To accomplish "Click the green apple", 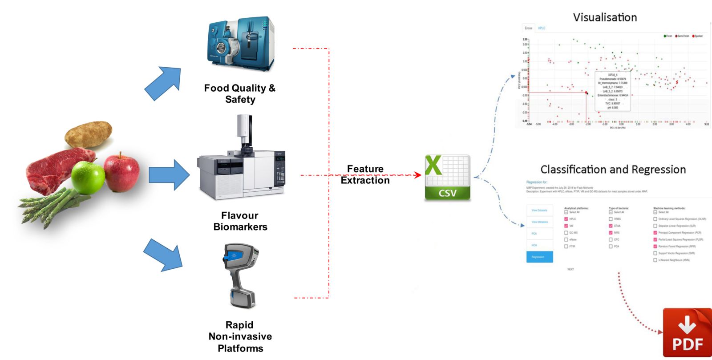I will coord(88,177).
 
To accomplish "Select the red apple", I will coord(121,171).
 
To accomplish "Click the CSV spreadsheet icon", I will coord(447,177).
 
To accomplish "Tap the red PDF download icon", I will coord(687,333).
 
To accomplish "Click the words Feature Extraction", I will coord(365,174).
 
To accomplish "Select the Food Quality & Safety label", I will coord(240,93).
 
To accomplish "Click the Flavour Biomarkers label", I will coord(240,221).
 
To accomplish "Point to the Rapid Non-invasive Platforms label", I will coord(240,336).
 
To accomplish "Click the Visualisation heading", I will coord(605,17).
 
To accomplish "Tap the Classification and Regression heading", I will coord(613,170).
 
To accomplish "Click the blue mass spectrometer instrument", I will coord(241,43).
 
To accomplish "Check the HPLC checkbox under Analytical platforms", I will coord(566,219).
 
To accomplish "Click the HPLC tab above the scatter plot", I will coord(542,28).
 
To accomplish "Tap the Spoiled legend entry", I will coord(697,36).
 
